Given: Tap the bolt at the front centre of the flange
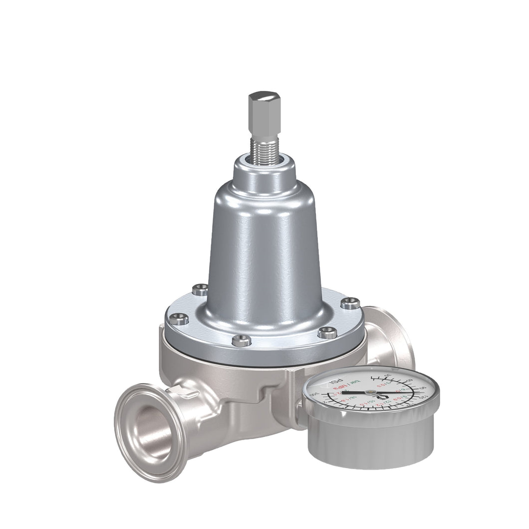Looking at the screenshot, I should (242, 340).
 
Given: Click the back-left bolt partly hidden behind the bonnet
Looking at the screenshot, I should (200, 289).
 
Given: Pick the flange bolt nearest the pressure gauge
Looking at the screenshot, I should (327, 332).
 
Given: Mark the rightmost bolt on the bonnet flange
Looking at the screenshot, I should (350, 302).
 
